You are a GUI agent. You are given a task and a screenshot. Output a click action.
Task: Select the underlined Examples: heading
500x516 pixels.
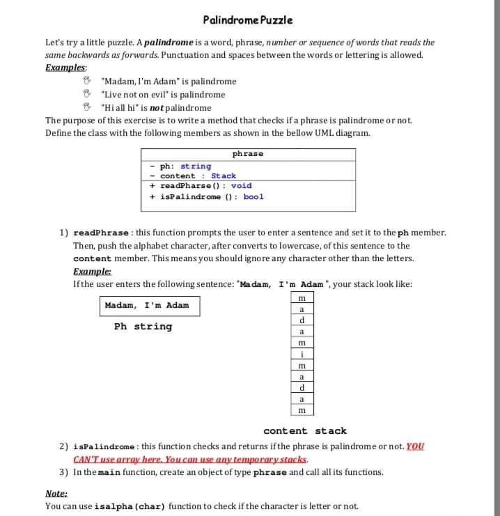pyautogui.click(x=66, y=68)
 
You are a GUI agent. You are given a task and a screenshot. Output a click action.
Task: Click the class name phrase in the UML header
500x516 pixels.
pyautogui.click(x=247, y=153)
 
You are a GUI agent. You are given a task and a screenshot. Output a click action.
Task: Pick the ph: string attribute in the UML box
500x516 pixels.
pyautogui.click(x=185, y=166)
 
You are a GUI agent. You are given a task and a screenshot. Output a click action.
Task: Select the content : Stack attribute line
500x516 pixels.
pyautogui.click(x=198, y=176)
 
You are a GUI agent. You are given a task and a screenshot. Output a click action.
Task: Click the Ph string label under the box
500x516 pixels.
pyautogui.click(x=143, y=327)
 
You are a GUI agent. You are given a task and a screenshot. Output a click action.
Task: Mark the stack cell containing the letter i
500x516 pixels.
pyautogui.click(x=302, y=354)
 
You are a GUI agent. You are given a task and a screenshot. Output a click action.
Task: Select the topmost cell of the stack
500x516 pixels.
pyautogui.click(x=302, y=298)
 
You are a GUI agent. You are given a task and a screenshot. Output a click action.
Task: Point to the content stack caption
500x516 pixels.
pyautogui.click(x=304, y=431)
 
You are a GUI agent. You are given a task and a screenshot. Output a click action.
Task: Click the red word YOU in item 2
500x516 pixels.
pyautogui.click(x=414, y=446)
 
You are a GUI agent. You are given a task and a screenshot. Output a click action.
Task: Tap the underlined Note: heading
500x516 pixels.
pyautogui.click(x=56, y=492)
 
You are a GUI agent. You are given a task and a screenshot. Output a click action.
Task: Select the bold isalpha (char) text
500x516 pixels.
pyautogui.click(x=130, y=506)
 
